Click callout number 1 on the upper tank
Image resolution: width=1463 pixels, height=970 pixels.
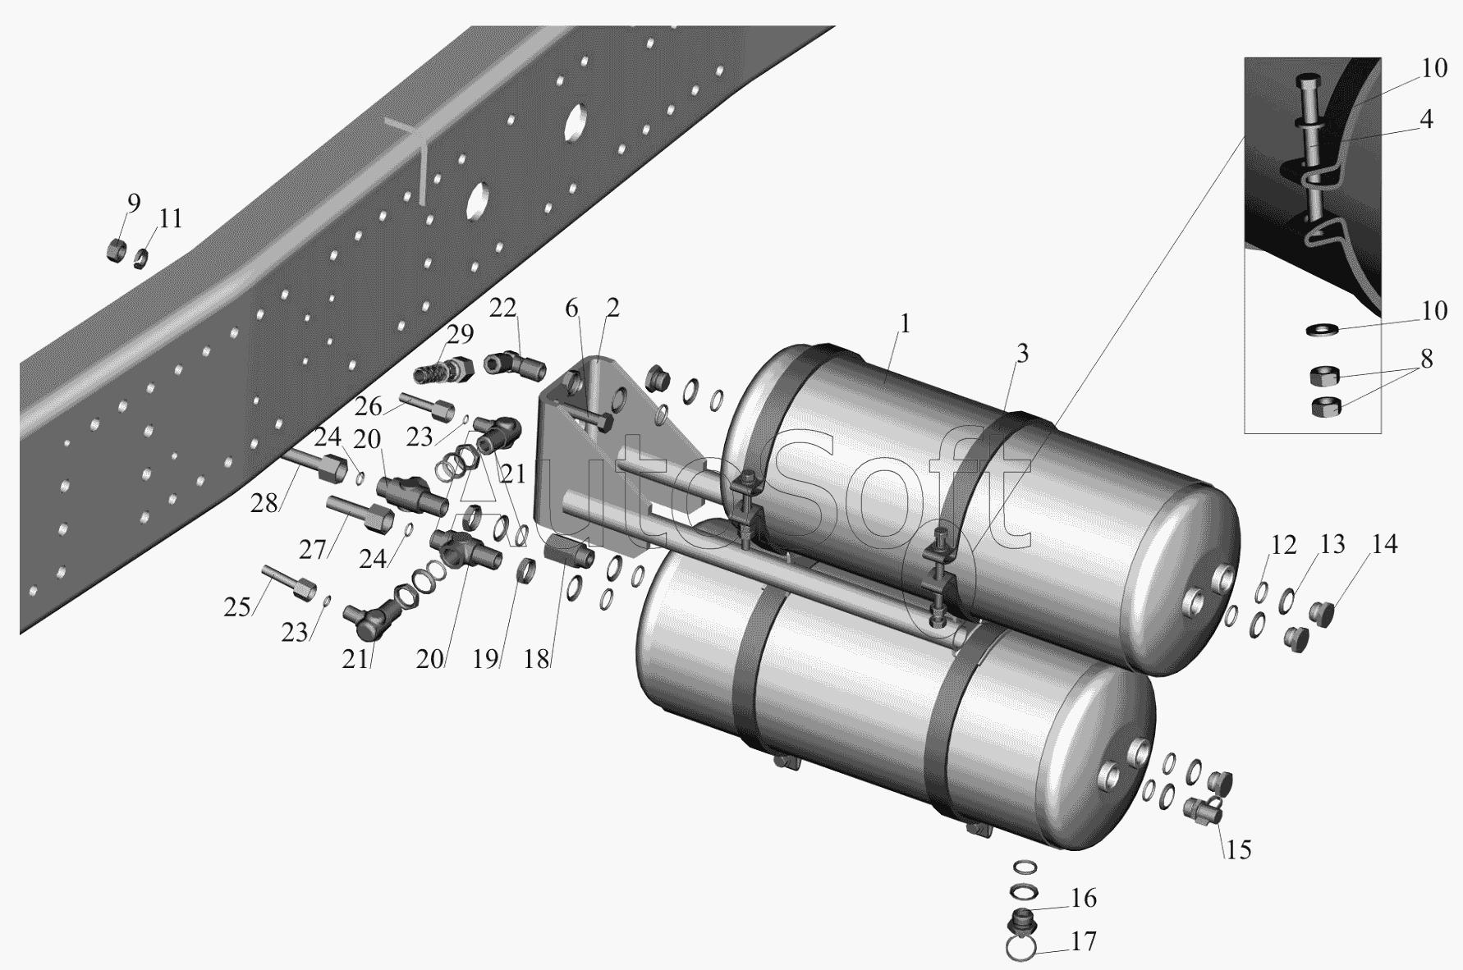904,324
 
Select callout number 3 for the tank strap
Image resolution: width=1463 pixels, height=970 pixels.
1021,354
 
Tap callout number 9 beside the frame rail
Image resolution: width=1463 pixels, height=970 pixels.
133,203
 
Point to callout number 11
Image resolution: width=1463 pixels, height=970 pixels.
171,219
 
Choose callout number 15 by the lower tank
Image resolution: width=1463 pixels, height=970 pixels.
1239,849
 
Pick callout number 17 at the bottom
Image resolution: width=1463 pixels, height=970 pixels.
1084,941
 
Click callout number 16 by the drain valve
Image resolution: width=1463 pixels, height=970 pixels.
1084,899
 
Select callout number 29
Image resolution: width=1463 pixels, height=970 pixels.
461,334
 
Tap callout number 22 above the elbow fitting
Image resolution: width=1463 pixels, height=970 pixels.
503,308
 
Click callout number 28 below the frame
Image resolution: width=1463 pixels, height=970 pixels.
264,503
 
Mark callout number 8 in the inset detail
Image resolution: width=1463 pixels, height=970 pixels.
1426,359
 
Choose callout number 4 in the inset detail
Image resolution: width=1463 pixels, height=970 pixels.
1426,120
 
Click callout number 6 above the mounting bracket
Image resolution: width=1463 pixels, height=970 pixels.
571,309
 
